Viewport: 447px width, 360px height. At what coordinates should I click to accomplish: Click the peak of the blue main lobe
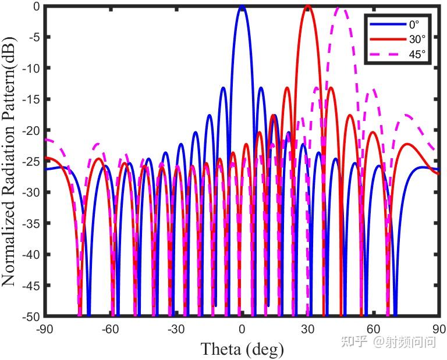pos(242,6)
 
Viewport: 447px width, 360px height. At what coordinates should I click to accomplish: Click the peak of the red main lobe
pos(308,6)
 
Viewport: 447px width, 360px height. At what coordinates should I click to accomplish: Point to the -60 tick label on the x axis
pos(111,330)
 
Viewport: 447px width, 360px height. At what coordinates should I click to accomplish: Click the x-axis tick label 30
pos(308,330)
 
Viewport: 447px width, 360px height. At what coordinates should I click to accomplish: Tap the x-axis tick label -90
pos(45,330)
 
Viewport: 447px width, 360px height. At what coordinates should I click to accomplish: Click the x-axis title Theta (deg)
pos(242,349)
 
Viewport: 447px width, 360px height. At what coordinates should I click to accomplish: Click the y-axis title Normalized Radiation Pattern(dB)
pos(9,161)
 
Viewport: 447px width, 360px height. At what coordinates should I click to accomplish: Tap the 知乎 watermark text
pos(354,342)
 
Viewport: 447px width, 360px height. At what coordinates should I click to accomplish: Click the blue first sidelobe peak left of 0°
pos(223,88)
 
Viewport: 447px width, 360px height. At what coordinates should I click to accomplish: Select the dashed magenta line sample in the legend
pos(388,54)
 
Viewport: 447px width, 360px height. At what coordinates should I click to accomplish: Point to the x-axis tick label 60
pos(374,330)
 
